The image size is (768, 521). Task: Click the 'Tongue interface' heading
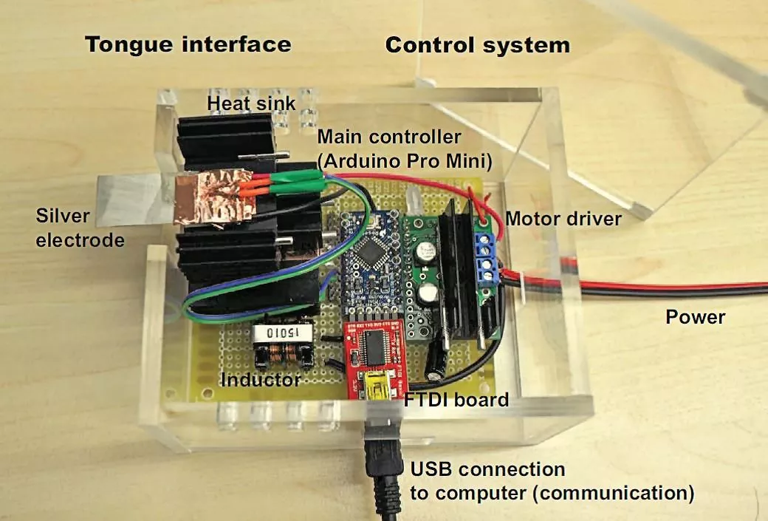(x=188, y=44)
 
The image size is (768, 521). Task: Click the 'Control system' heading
(x=477, y=45)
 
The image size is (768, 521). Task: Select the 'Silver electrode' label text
(x=80, y=228)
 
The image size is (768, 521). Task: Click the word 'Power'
(x=695, y=318)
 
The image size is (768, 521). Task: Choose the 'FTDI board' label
(x=456, y=400)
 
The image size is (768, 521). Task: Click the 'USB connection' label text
(x=487, y=469)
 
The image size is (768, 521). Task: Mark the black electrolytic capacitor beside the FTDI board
(x=436, y=363)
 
